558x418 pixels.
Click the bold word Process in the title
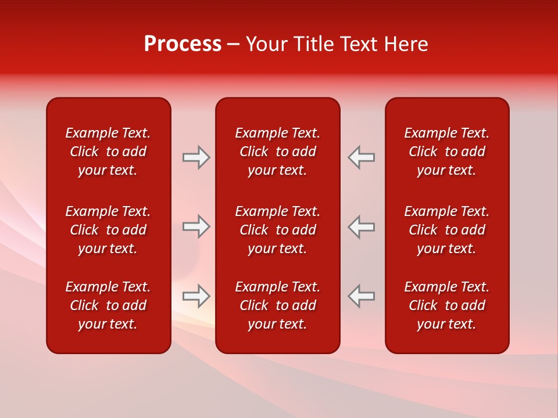click(x=183, y=44)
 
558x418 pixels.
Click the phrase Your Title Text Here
click(x=337, y=44)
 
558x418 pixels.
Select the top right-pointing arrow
click(x=196, y=157)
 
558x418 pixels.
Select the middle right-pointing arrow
click(x=196, y=226)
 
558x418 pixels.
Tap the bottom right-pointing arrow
click(x=196, y=296)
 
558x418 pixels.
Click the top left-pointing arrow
click(x=361, y=157)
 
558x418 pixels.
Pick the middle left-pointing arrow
click(x=361, y=226)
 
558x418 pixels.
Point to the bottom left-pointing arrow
click(x=361, y=296)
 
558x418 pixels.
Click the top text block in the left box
click(x=108, y=152)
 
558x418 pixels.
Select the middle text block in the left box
click(x=108, y=230)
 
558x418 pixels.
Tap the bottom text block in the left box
click(x=108, y=305)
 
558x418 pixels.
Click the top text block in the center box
click(x=277, y=152)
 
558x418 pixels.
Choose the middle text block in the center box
click(x=277, y=230)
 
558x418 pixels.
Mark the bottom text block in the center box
click(x=277, y=305)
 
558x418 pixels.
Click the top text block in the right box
click(x=446, y=152)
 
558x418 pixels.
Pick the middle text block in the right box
click(x=446, y=230)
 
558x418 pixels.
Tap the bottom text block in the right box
click(x=446, y=305)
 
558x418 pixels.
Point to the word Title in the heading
click(x=313, y=44)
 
